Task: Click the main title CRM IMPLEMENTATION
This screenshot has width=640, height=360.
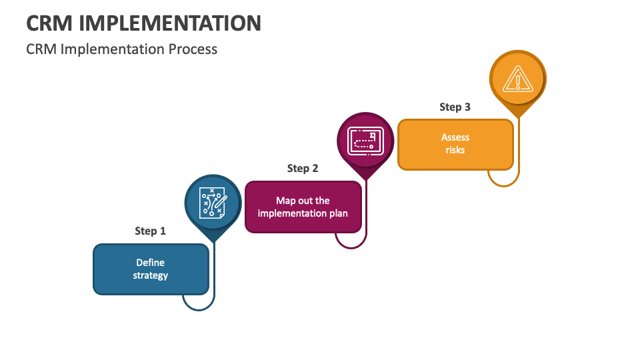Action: [x=143, y=23]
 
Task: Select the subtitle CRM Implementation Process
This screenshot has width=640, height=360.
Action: [x=122, y=49]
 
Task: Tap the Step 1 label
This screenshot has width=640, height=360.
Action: [x=150, y=231]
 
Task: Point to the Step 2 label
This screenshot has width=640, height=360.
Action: [x=303, y=168]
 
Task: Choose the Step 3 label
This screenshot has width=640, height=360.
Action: [x=455, y=107]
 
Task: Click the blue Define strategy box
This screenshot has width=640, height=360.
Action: [x=151, y=269]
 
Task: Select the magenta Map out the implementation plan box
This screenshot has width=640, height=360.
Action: [x=303, y=207]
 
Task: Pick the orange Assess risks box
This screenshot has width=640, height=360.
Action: [x=455, y=144]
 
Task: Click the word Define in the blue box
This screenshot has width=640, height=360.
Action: [x=151, y=263]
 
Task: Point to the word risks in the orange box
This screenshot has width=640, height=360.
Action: [x=455, y=150]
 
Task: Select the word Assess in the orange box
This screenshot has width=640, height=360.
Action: [x=455, y=137]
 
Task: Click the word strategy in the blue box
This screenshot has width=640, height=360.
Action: [x=151, y=275]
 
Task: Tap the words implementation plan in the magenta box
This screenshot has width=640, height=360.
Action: [x=303, y=213]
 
